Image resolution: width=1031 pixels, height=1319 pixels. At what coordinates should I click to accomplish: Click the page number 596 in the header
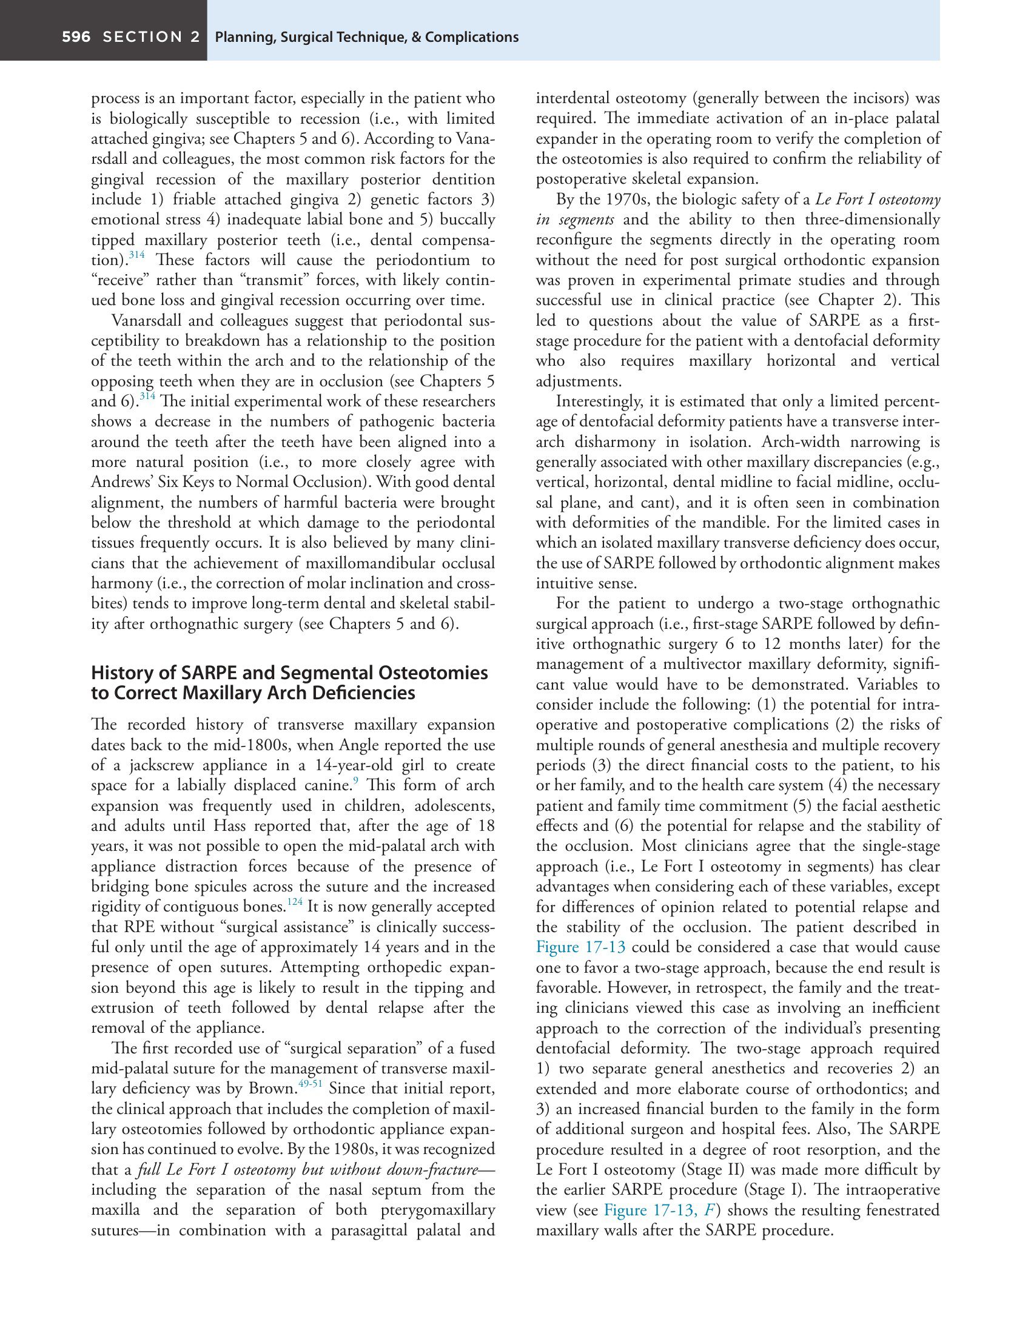point(76,37)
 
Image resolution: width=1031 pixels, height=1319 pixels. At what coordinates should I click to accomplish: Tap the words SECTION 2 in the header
point(151,37)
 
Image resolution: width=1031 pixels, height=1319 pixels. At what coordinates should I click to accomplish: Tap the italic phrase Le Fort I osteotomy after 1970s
point(877,200)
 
